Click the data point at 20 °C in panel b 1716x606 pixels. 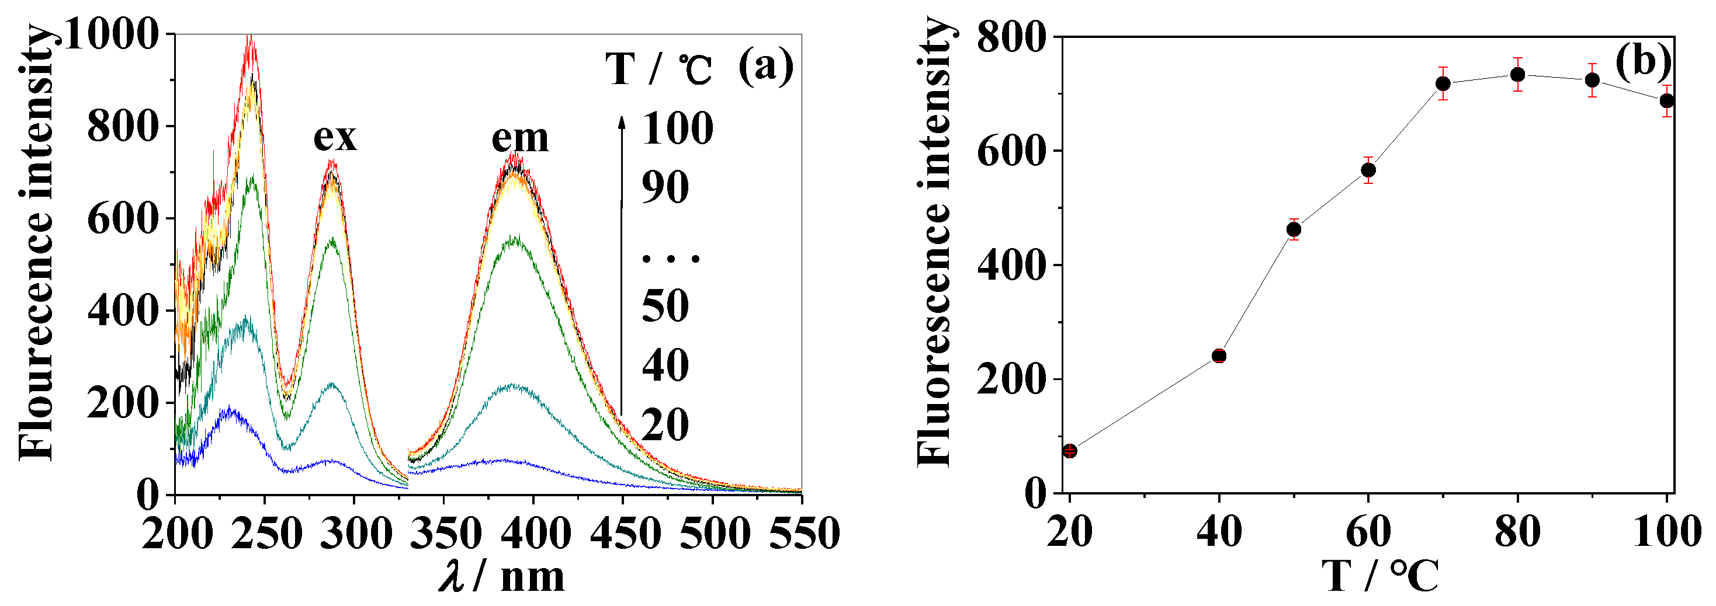(x=1070, y=451)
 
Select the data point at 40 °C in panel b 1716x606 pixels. (x=1219, y=356)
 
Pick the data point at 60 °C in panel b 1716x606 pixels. (x=1368, y=170)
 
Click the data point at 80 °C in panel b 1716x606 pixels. (x=1517, y=75)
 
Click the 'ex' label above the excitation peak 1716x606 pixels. (x=335, y=137)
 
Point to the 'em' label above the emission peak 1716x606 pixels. (x=519, y=138)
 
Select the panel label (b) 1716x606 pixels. (x=1643, y=61)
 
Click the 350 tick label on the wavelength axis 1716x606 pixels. (x=444, y=534)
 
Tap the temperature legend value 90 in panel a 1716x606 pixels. (x=665, y=188)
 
